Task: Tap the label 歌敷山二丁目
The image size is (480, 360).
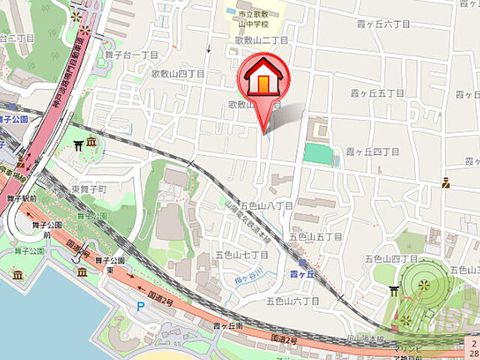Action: tap(262, 40)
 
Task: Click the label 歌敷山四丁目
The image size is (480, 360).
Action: tap(178, 73)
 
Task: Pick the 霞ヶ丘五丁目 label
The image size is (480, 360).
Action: tap(378, 94)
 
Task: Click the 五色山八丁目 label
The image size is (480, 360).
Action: tap(266, 205)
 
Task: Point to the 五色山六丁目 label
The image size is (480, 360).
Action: tap(292, 301)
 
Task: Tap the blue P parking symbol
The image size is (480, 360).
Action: tap(140, 306)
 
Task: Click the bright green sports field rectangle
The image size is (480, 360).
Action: tap(318, 154)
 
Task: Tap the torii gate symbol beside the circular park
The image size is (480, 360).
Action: tap(394, 290)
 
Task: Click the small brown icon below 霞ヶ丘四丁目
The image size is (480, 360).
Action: tap(445, 181)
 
